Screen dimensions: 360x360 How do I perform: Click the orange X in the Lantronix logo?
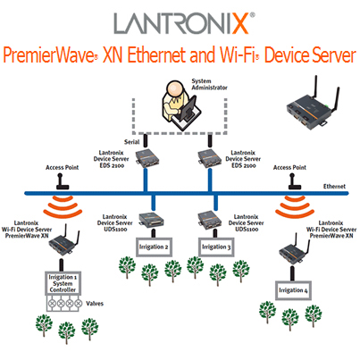click(x=240, y=23)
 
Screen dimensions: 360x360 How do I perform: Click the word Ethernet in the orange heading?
click(x=157, y=55)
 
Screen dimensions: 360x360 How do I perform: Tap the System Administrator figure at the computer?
click(x=179, y=105)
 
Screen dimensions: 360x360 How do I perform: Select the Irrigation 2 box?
click(x=154, y=247)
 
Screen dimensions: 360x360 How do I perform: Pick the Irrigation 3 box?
click(x=216, y=247)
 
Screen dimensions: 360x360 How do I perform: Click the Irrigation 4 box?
click(x=293, y=290)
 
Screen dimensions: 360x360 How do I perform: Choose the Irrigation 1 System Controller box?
click(x=63, y=283)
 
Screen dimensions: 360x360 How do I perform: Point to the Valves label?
click(x=95, y=304)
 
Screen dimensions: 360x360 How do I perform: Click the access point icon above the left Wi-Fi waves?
click(x=63, y=181)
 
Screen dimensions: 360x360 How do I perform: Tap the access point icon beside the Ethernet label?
click(x=295, y=181)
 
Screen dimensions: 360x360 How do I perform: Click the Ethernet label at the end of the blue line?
click(x=334, y=187)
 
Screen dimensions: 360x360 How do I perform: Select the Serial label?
click(x=131, y=142)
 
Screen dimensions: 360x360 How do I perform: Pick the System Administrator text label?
click(x=209, y=84)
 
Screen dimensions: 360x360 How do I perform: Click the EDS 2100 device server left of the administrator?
click(x=147, y=158)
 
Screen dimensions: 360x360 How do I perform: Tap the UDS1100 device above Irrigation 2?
click(x=151, y=221)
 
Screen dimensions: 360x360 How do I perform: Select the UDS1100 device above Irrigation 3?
click(x=210, y=220)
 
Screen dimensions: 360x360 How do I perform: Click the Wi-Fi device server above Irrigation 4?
click(x=294, y=247)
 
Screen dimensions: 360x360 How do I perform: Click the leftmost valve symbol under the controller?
click(x=53, y=304)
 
